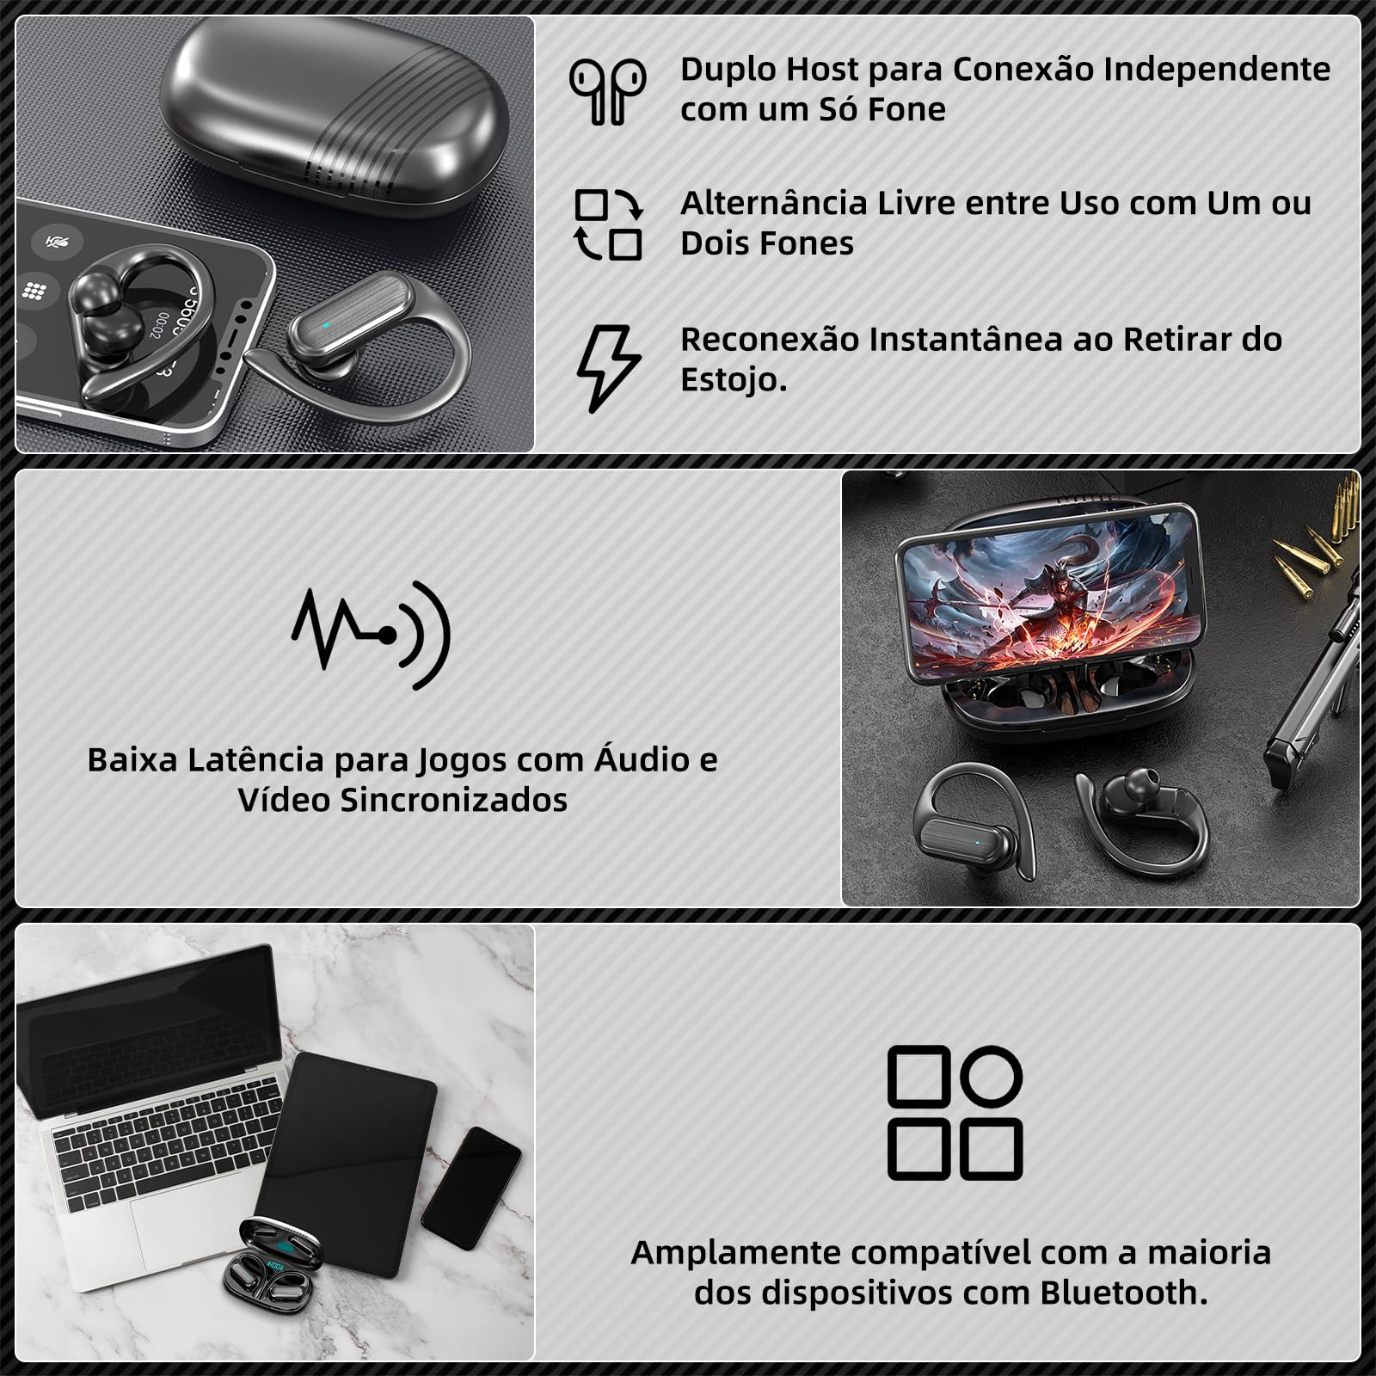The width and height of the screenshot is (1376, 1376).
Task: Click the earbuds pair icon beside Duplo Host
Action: tap(607, 90)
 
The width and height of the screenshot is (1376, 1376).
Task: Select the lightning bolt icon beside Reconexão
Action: tap(608, 368)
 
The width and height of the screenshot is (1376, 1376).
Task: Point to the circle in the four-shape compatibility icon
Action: tap(991, 1075)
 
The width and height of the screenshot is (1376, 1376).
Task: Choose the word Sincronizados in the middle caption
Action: tap(454, 800)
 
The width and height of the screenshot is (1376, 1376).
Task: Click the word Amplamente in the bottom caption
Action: tap(735, 1253)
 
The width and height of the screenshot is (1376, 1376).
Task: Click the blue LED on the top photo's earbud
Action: tap(327, 326)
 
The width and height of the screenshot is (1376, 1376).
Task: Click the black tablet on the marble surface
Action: tap(349, 1158)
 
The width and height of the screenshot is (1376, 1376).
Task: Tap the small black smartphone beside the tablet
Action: tap(471, 1187)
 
